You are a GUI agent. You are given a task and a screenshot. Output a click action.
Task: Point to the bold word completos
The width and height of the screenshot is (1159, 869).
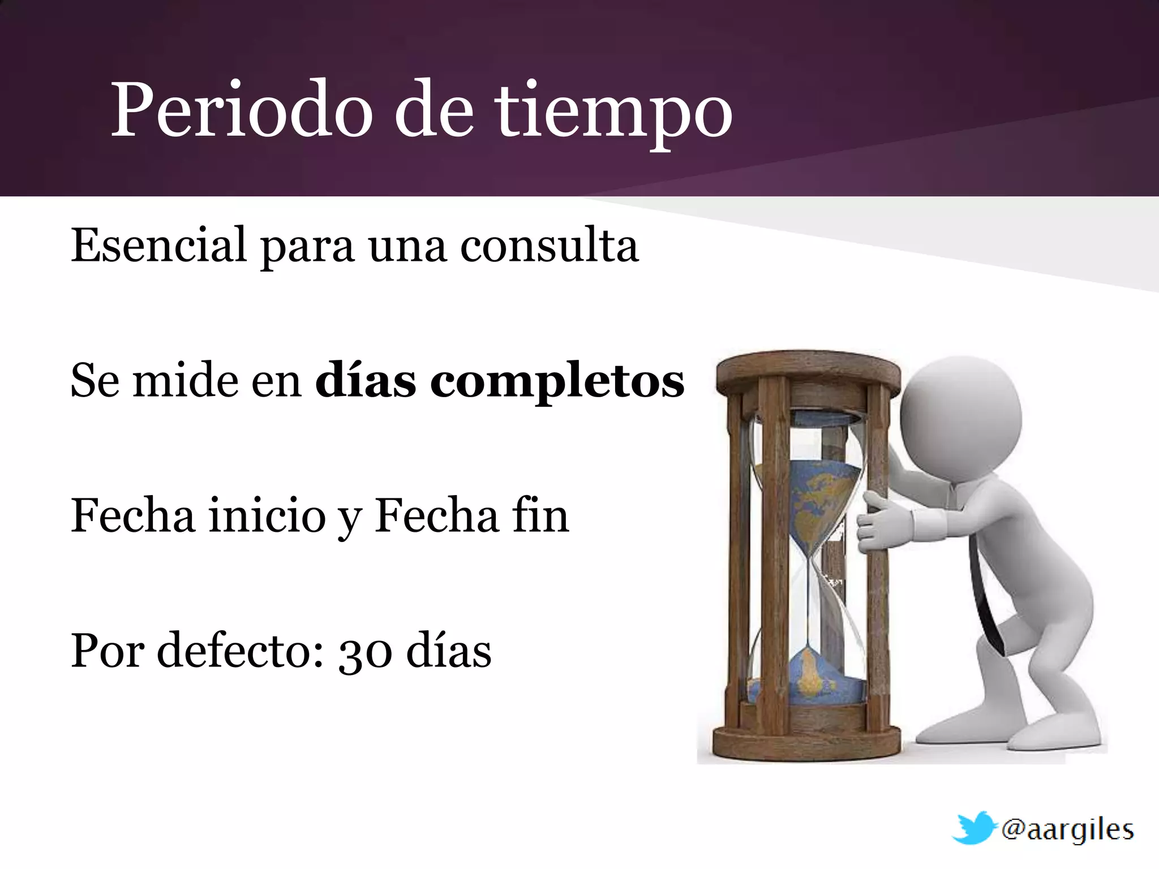click(557, 381)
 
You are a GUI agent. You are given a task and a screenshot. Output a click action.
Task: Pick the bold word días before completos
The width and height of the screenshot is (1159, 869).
click(366, 380)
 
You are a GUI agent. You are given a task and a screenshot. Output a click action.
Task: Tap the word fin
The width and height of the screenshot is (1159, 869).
click(540, 515)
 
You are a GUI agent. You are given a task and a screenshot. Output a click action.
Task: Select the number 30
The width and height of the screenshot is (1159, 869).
click(365, 652)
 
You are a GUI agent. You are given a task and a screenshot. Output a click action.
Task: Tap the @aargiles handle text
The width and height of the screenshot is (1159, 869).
click(1067, 829)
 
